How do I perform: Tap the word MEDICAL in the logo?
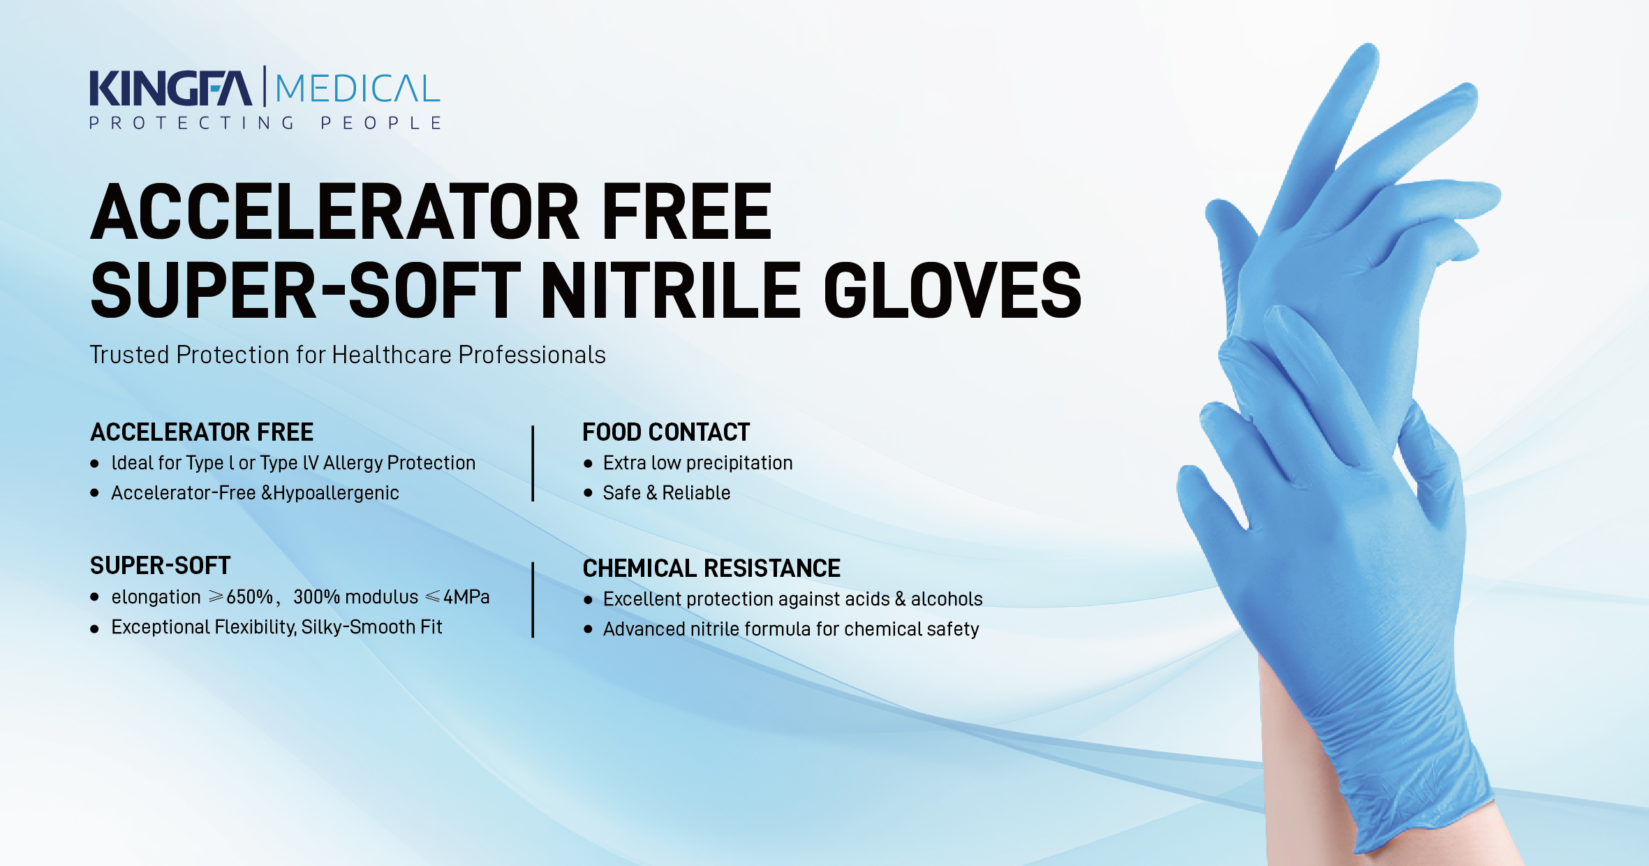click(357, 89)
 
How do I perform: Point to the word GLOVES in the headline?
click(952, 290)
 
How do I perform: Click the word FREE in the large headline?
click(686, 211)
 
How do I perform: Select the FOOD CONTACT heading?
click(666, 432)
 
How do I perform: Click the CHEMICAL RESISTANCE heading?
click(711, 568)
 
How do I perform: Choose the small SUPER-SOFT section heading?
click(160, 566)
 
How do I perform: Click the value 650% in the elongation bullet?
click(249, 597)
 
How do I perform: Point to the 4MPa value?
click(466, 597)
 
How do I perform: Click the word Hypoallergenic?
click(336, 493)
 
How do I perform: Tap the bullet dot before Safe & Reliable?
click(588, 493)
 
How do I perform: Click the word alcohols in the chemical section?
click(947, 599)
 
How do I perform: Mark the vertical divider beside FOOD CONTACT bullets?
click(533, 464)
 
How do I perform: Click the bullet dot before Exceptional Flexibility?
click(94, 629)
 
